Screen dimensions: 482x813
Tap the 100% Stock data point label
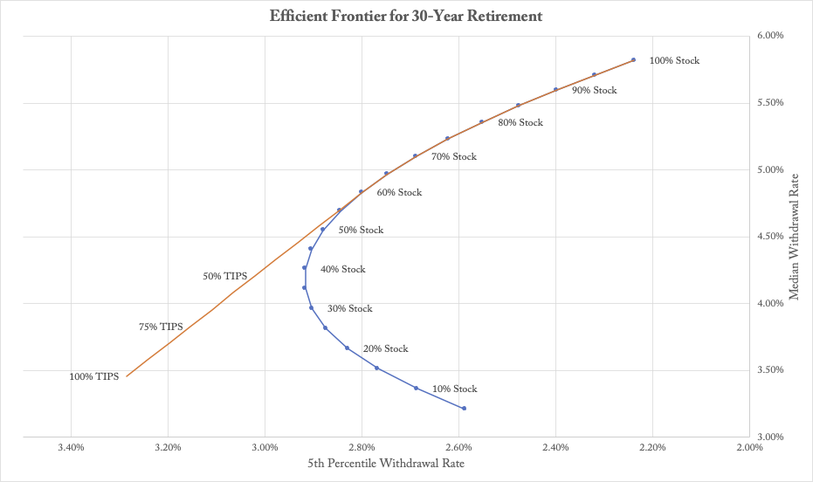(x=674, y=61)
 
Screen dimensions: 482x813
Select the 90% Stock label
(x=594, y=91)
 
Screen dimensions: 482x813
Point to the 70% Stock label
(x=454, y=157)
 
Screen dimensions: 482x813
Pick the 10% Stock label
(x=455, y=389)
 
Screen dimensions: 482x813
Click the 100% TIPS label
(x=95, y=377)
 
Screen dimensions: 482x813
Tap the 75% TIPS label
(x=161, y=327)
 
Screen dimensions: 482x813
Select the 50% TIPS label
(x=225, y=277)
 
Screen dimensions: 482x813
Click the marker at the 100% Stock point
(x=633, y=60)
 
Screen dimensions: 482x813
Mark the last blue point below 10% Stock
(x=464, y=409)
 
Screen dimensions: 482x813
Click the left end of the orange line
(x=127, y=376)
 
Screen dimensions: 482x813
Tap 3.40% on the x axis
(x=71, y=448)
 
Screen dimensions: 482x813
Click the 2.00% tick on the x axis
(x=749, y=448)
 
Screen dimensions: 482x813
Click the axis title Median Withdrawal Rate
(x=795, y=236)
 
